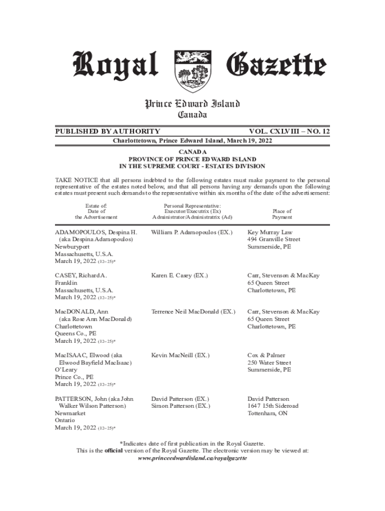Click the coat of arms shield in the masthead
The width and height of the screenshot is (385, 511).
(192, 71)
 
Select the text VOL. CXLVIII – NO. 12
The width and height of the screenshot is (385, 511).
(287, 131)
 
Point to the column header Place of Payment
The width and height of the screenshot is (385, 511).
(282, 214)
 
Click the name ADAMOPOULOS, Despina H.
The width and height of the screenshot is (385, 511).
(95, 233)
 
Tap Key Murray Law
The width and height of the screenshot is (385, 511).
(270, 233)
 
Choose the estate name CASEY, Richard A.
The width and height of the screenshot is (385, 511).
(81, 275)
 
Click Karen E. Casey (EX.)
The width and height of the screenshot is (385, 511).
(179, 275)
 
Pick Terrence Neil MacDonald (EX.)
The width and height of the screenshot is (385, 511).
(193, 312)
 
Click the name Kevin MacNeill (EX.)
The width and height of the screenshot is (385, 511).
(180, 355)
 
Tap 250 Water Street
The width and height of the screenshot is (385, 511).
(269, 363)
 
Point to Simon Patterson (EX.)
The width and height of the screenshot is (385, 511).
(180, 406)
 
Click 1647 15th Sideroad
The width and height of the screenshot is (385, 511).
(273, 406)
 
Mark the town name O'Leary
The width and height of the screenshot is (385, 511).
(66, 370)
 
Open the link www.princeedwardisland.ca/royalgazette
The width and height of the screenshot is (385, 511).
(192, 458)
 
